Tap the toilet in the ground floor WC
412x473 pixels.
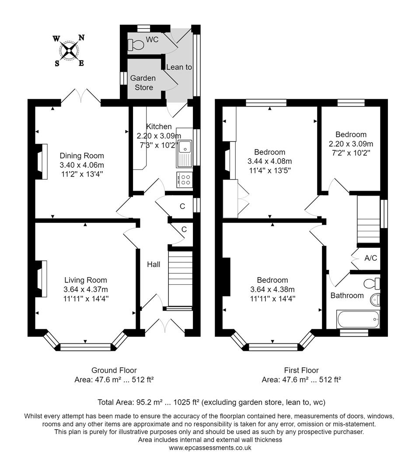136,44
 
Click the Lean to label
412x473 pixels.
179,67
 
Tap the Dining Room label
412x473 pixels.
82,155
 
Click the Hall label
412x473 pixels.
153,265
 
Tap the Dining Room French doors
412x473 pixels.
81,96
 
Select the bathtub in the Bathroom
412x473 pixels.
357,319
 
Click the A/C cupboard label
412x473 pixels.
370,258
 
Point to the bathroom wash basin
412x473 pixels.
375,300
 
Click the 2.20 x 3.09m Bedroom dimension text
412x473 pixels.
351,143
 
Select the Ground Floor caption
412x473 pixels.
114,371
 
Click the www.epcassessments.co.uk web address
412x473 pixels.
210,448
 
